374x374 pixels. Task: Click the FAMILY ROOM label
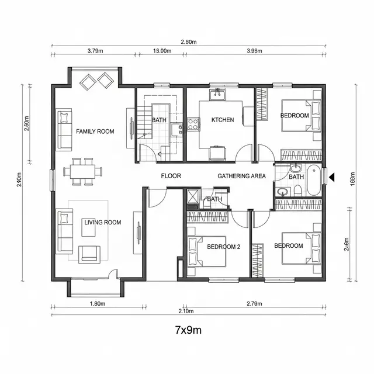coord(95,131)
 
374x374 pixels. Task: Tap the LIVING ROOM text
coord(103,222)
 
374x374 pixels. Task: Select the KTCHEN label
coord(223,120)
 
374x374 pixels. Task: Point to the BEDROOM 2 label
coord(223,247)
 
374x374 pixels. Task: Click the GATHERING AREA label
coord(241,176)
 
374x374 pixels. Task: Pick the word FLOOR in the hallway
coord(171,176)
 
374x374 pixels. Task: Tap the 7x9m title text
coord(188,330)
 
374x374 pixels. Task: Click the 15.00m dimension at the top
coord(162,51)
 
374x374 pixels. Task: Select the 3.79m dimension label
coord(95,51)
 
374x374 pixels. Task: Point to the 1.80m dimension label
coord(98,304)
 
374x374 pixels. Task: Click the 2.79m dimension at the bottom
coord(254,304)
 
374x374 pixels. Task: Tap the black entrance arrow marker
coord(331,177)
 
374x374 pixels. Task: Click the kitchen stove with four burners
coord(193,124)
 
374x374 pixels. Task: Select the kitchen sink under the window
coord(217,95)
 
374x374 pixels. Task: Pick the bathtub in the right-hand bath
coord(314,180)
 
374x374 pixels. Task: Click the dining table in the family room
coord(82,171)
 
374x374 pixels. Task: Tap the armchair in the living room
coord(89,255)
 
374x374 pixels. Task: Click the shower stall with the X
coord(192,197)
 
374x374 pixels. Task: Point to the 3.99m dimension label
coord(254,51)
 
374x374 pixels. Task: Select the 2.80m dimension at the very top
coord(188,42)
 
